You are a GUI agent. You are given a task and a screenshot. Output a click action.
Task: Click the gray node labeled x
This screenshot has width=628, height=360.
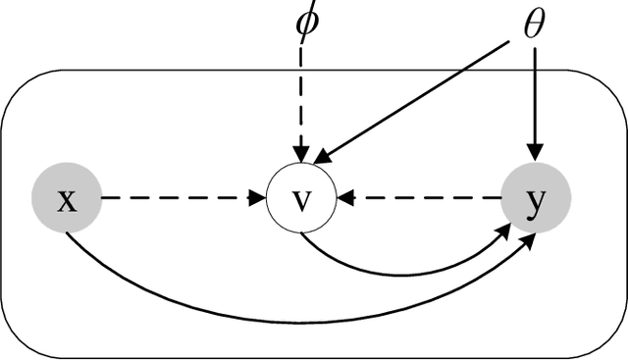pyautogui.click(x=68, y=199)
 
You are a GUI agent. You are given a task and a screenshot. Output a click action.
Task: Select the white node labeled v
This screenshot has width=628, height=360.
pyautogui.click(x=302, y=199)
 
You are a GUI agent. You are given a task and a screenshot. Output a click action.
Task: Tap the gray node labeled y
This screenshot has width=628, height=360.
pyautogui.click(x=535, y=199)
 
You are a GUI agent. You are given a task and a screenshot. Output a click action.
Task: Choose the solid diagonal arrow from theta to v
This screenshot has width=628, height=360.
pyautogui.click(x=422, y=98)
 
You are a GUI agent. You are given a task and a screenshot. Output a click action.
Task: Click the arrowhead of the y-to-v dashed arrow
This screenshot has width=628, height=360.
pyautogui.click(x=346, y=199)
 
